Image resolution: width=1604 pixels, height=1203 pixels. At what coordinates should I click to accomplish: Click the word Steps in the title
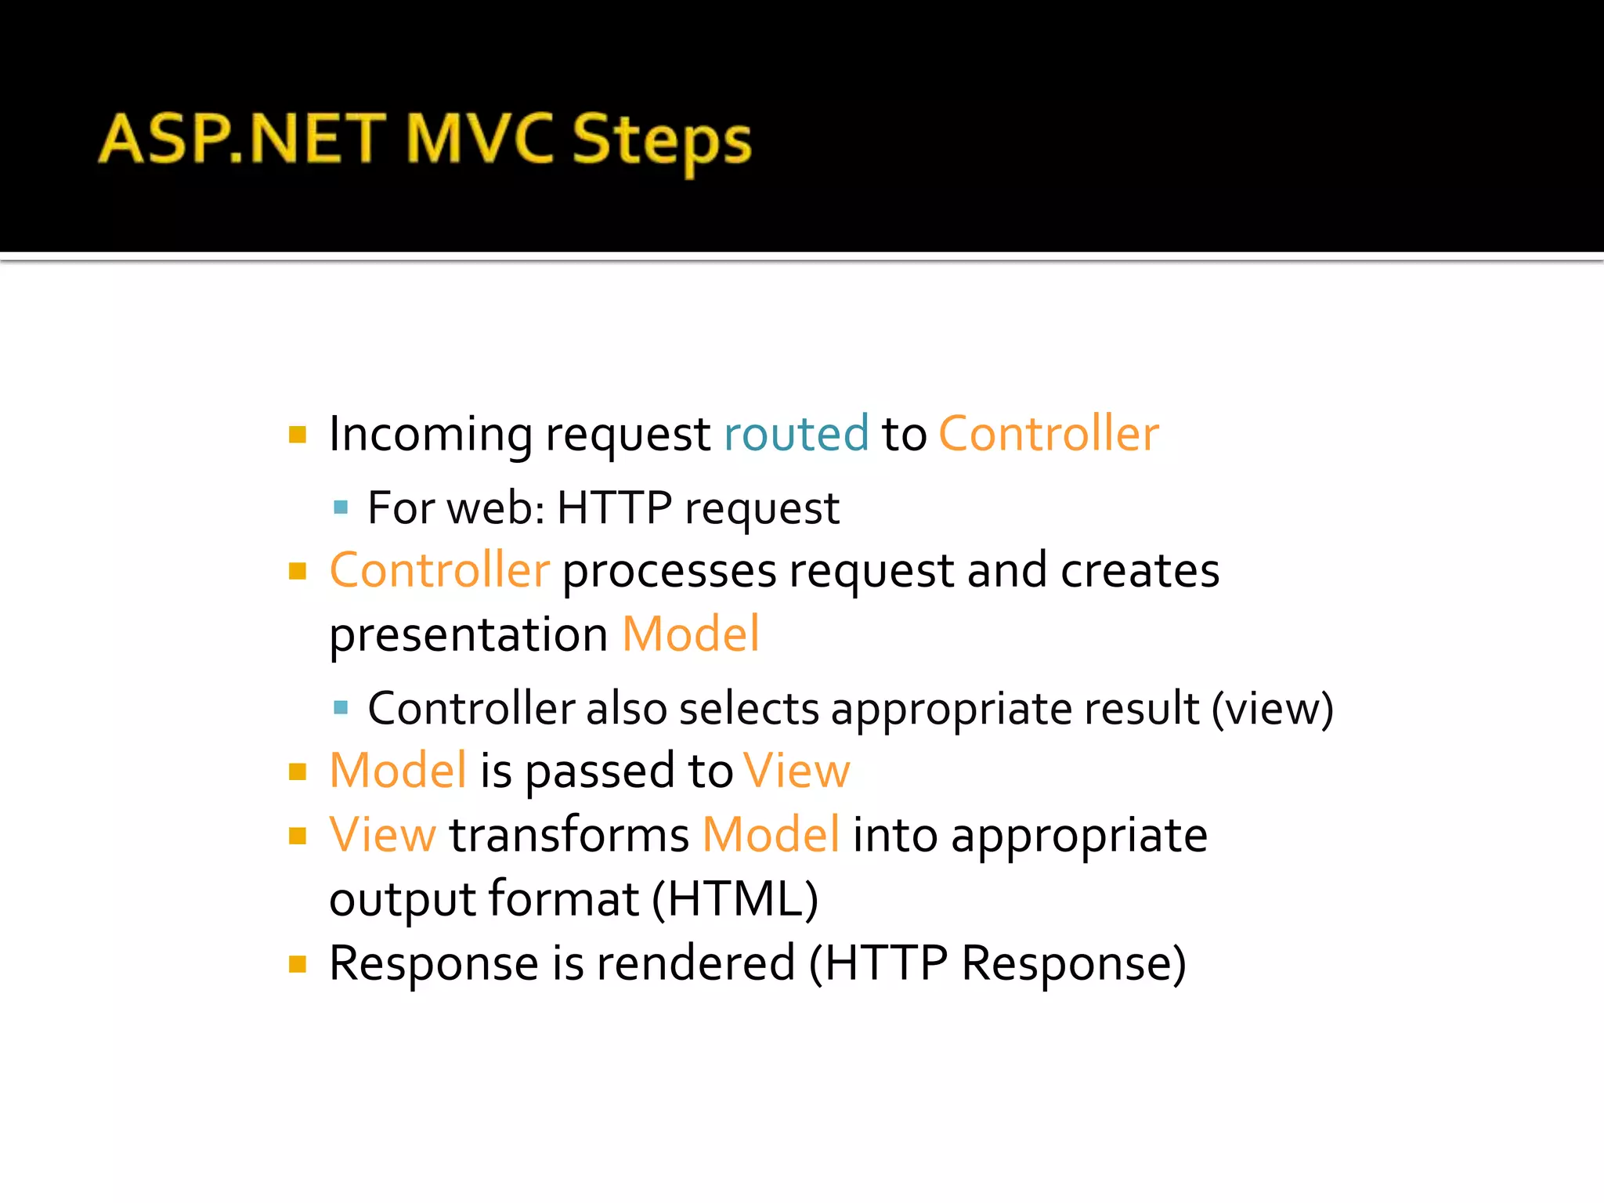[x=662, y=141]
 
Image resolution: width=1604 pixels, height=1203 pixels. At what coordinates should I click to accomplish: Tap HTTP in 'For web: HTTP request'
[x=614, y=508]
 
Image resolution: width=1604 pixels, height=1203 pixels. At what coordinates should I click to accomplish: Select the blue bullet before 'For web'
[x=341, y=508]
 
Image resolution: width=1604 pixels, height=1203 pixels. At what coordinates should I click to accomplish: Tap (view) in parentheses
[x=1272, y=708]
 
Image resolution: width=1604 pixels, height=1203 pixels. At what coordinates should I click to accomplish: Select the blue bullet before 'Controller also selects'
[x=341, y=708]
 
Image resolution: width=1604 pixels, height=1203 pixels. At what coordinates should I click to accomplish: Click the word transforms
[x=569, y=835]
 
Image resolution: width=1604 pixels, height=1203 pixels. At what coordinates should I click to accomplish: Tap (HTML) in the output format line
[x=735, y=898]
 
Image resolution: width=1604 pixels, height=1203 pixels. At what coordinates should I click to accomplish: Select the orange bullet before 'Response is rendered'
[x=298, y=963]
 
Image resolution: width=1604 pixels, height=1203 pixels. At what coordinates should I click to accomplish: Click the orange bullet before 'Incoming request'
[x=298, y=434]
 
